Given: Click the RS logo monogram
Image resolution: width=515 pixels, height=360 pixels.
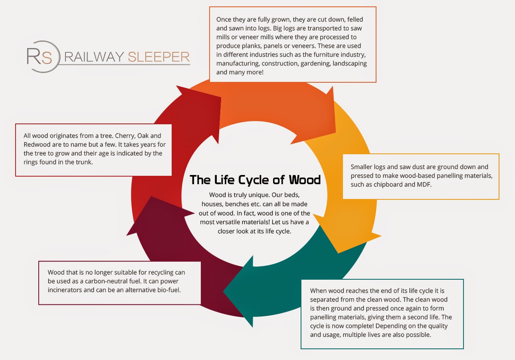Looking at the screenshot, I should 40,57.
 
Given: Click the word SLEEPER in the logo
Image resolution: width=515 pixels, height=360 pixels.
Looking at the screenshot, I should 158,57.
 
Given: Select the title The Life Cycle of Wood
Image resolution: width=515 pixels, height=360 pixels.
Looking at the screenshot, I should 255,180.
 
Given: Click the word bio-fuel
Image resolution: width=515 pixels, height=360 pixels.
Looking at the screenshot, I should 168,290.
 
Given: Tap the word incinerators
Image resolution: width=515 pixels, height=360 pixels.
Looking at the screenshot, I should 65,290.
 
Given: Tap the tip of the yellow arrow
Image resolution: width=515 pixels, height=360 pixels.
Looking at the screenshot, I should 339,253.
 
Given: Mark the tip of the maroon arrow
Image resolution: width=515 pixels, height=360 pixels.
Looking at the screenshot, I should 127,234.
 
